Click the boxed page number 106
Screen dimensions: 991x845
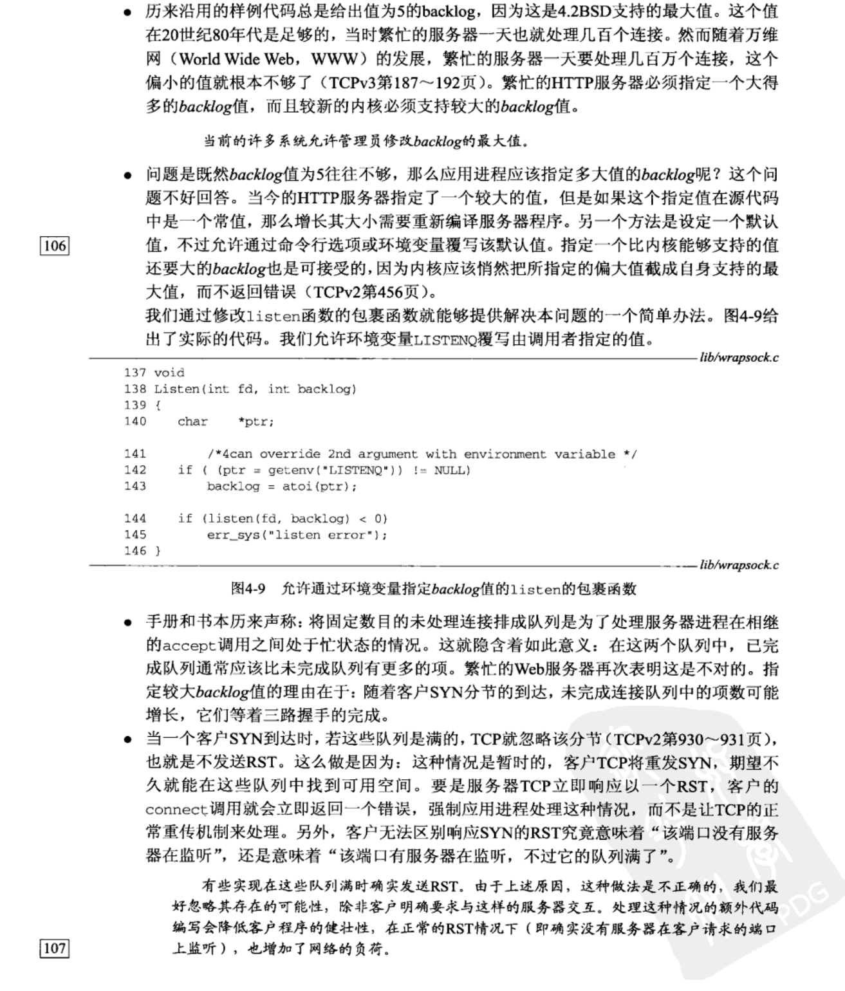[55, 245]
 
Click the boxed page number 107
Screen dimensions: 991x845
[55, 948]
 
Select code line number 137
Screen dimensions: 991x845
[135, 373]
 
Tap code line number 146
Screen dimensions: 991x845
[135, 551]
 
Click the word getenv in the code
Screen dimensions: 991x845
[289, 470]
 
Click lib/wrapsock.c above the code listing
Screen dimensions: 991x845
[739, 358]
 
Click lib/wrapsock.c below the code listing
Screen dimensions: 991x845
[739, 566]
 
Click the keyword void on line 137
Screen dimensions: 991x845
[169, 373]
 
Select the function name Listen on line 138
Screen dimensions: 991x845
[176, 389]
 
